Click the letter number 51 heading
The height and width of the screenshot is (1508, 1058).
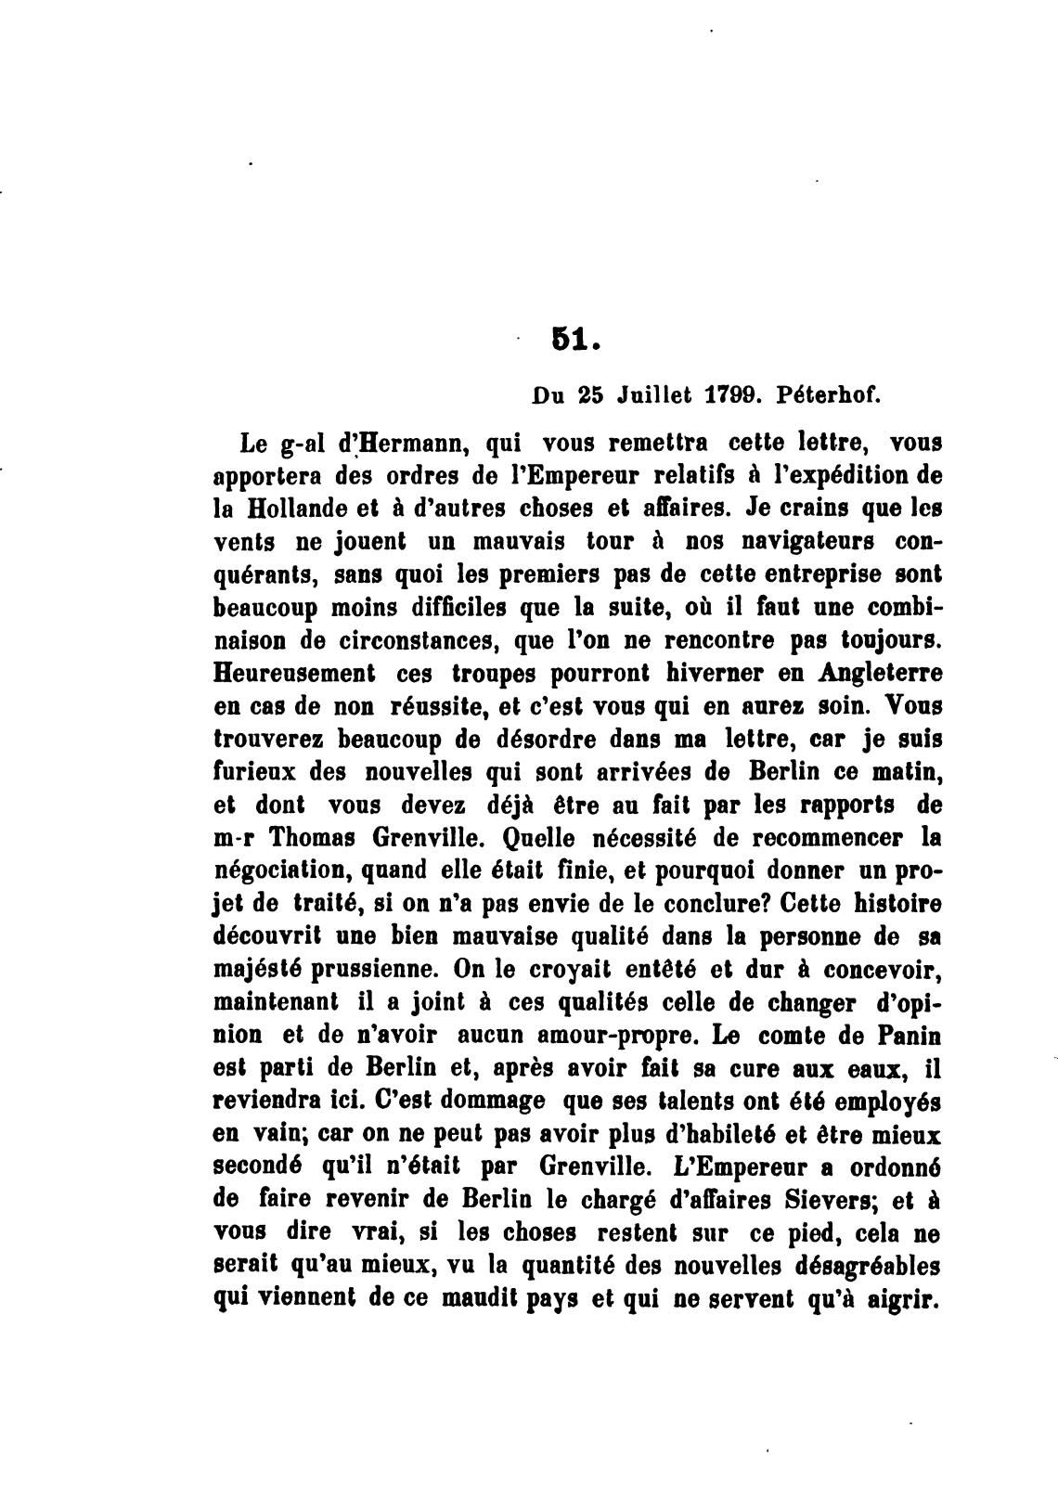click(x=570, y=342)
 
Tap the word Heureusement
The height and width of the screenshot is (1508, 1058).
click(x=294, y=673)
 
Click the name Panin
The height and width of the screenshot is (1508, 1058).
click(x=902, y=1036)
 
